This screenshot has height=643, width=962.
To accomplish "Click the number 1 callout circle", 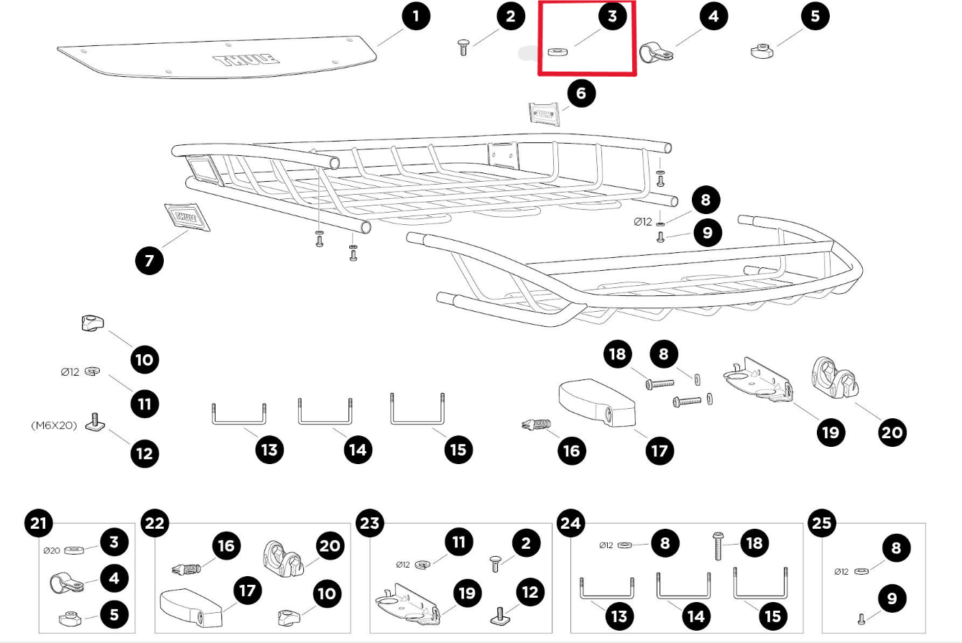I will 417,16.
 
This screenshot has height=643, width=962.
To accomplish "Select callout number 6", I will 581,93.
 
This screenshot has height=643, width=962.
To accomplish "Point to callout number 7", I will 149,259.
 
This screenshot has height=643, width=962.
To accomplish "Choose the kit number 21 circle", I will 39,522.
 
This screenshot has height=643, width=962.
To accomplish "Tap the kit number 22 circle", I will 154,522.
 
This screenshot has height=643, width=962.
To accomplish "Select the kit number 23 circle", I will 369,522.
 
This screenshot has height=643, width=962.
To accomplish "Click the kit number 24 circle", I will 570,522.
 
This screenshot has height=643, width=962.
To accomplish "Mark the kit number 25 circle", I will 823,522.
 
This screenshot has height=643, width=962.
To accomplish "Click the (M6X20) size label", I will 54,425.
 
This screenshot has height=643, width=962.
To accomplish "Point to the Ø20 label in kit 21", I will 52,551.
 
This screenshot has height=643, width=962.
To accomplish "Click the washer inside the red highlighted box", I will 557,52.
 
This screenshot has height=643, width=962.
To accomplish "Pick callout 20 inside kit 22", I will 330,546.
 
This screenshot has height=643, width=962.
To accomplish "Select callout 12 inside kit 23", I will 530,592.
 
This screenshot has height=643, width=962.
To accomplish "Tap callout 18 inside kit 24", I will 754,543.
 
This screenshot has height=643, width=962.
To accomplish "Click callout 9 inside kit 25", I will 892,598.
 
